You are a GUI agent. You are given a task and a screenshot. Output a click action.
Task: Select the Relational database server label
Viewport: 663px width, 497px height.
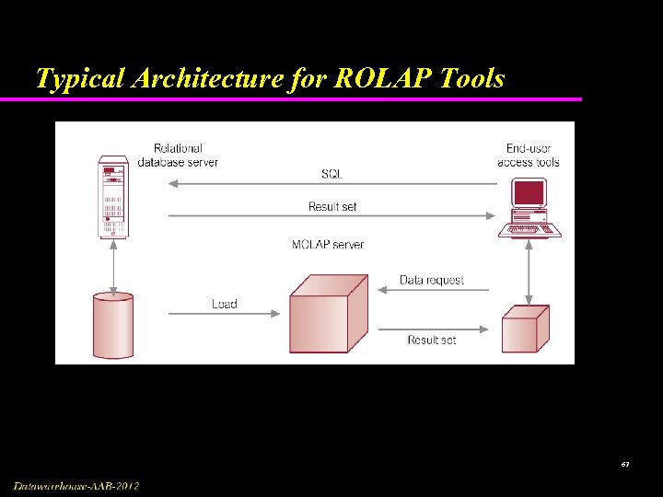pos(178,155)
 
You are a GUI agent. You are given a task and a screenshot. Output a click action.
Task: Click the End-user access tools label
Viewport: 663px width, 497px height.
pos(529,155)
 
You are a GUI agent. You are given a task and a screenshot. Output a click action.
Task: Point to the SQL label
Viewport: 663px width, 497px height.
pos(331,173)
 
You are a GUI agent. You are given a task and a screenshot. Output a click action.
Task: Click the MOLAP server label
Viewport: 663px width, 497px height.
pos(328,244)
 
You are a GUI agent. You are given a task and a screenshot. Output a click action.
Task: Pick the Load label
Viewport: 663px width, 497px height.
pos(225,304)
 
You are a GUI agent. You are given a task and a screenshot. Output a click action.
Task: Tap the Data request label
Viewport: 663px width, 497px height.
pos(432,280)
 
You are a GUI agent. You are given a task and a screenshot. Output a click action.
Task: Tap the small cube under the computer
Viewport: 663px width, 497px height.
pos(525,329)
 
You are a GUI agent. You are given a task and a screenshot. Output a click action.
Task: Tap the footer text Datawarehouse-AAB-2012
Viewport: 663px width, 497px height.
pos(76,485)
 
